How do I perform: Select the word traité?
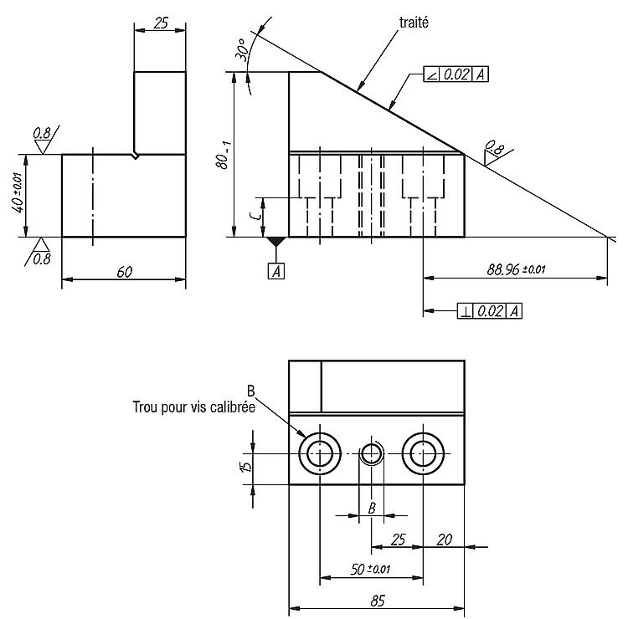click(414, 23)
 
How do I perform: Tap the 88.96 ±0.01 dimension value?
click(516, 269)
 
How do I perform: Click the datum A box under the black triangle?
click(276, 271)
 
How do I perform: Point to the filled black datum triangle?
click(276, 241)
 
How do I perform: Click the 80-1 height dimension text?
click(224, 155)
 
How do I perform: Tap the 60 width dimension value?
click(124, 272)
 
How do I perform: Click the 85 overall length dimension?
click(378, 601)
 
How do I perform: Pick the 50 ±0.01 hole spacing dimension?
click(370, 569)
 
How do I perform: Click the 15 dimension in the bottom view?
click(246, 466)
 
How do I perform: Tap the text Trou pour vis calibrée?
click(194, 407)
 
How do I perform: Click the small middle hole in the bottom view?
click(372, 453)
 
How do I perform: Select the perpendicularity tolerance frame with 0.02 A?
click(490, 311)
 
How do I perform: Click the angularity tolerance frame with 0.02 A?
click(456, 74)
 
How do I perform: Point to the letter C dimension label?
click(255, 216)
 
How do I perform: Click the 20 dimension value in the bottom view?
click(444, 540)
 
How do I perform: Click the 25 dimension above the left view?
click(161, 23)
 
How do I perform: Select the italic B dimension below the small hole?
click(372, 508)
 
